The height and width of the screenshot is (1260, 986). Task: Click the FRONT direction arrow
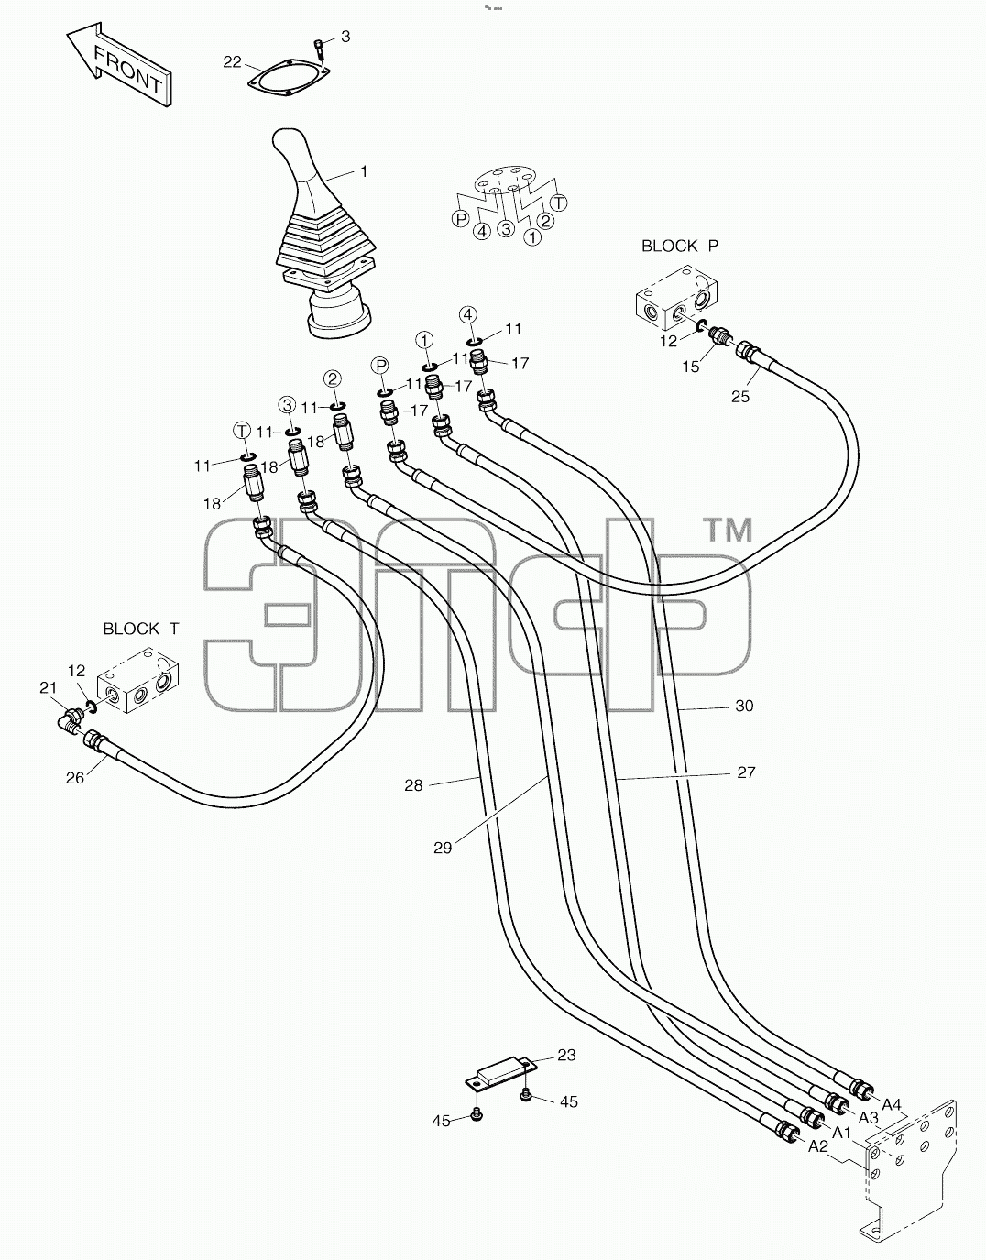click(119, 65)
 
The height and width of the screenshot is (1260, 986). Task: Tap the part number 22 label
click(233, 62)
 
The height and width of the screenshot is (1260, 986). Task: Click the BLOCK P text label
click(679, 246)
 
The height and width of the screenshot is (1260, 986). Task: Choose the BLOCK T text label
click(141, 629)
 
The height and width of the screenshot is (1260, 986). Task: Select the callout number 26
click(75, 778)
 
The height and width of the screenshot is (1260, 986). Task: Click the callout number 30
click(744, 706)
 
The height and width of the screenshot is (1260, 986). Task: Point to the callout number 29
click(443, 848)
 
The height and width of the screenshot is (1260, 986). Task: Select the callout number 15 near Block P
click(691, 367)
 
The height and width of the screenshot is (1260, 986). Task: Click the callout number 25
click(740, 397)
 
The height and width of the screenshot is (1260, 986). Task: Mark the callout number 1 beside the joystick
click(364, 171)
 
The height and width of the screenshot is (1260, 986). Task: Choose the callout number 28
click(414, 785)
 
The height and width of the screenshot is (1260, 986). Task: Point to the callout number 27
click(747, 772)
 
